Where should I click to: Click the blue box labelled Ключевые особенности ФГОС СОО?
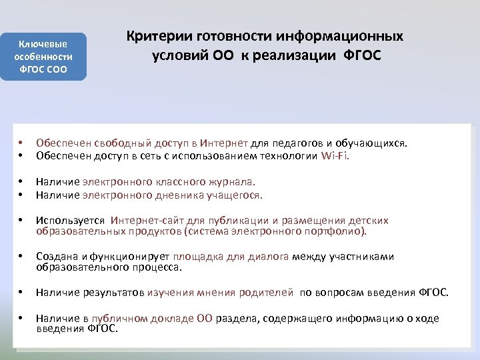click(x=43, y=57)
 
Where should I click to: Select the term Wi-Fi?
click(x=335, y=157)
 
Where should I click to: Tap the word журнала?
click(x=233, y=181)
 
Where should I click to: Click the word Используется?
click(x=71, y=221)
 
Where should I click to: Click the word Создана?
click(x=57, y=257)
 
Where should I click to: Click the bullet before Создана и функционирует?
click(x=21, y=257)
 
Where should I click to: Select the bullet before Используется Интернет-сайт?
click(x=21, y=221)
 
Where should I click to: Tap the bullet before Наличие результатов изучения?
click(x=21, y=293)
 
